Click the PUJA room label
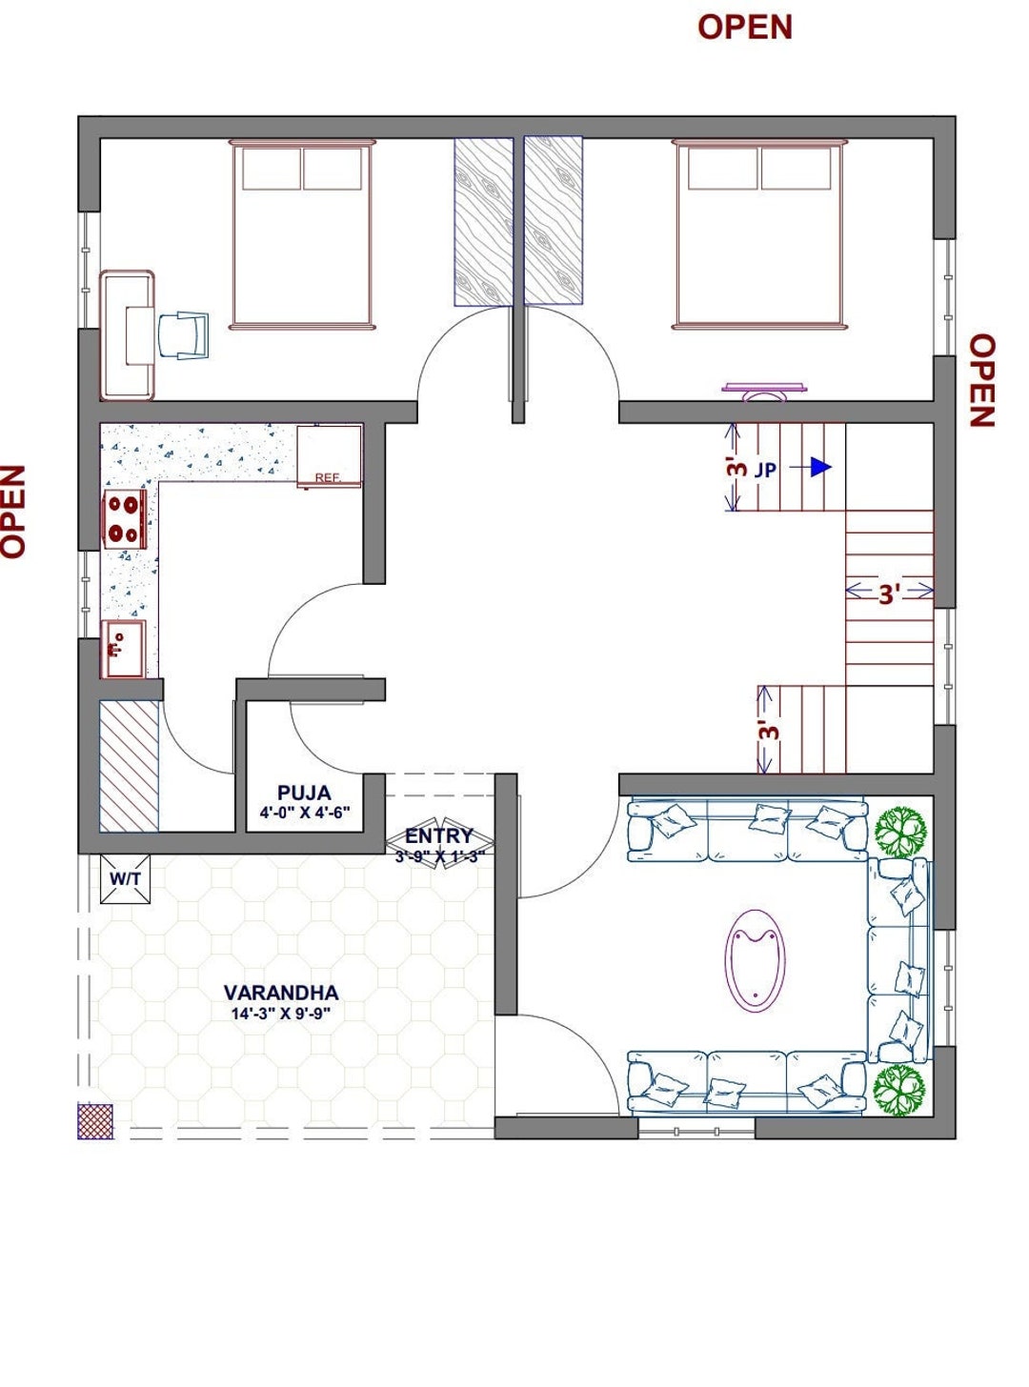point(304,793)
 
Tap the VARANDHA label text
point(281,992)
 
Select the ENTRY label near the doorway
point(439,835)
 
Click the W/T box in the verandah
point(125,878)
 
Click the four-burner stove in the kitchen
point(124,519)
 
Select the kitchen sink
point(123,649)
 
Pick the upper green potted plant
point(900,832)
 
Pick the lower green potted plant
point(899,1089)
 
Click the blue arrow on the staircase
point(820,468)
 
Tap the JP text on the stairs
point(765,470)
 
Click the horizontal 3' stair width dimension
point(889,593)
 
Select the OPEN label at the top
point(744,27)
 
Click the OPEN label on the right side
point(982,380)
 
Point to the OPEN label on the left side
point(13,511)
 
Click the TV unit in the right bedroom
point(765,390)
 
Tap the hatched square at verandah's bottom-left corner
point(95,1121)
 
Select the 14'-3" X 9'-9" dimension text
point(281,1014)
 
